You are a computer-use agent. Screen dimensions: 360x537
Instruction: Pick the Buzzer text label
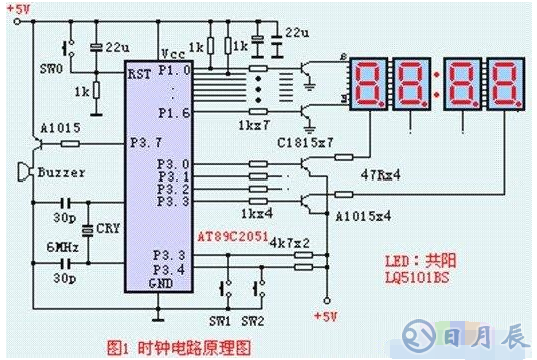pos(61,172)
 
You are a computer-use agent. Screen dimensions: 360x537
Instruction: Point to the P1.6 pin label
pos(176,115)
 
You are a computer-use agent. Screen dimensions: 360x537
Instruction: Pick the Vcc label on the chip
pos(174,50)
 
